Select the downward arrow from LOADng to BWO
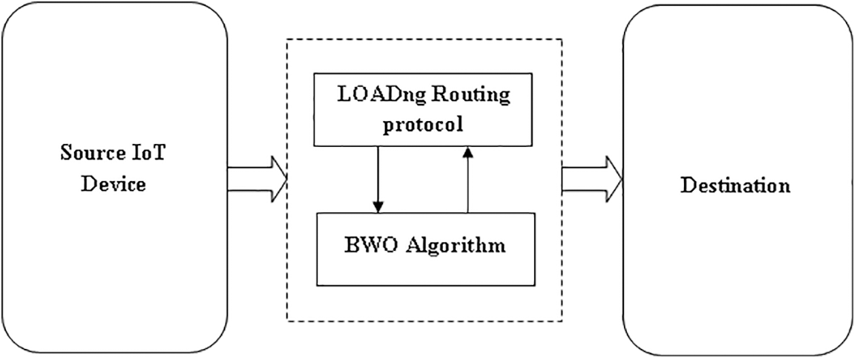[x=378, y=178]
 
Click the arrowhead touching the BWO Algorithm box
[x=378, y=206]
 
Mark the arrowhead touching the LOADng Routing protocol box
[x=467, y=152]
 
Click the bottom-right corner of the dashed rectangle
[x=562, y=321]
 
